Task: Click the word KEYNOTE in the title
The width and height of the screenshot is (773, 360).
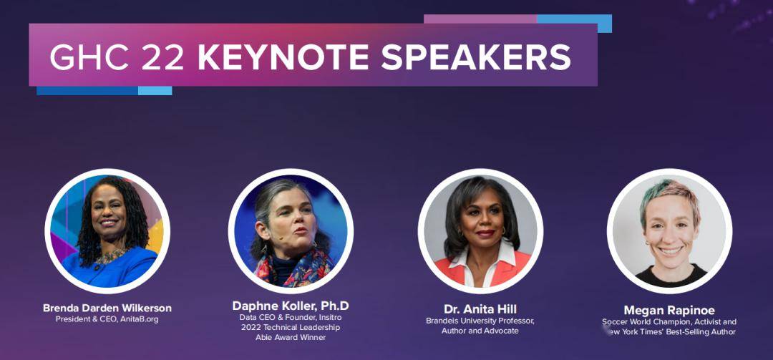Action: (284, 58)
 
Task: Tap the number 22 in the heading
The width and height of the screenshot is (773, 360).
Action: (162, 58)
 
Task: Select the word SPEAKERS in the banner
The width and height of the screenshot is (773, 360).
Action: (476, 58)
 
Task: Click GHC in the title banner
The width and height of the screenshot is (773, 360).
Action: (90, 58)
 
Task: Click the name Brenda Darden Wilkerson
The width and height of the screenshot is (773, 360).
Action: (107, 308)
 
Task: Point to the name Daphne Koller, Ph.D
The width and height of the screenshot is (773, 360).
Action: (291, 306)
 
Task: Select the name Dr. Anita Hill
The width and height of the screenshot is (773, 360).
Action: (480, 309)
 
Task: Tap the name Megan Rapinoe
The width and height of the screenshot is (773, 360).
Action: (669, 310)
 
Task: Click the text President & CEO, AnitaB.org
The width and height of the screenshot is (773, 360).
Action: (107, 319)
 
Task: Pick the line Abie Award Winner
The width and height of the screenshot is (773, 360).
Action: (291, 337)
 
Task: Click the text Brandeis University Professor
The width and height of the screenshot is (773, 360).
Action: (480, 321)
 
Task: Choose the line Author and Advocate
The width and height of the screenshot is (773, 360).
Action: (480, 331)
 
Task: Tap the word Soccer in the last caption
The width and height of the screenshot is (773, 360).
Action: (613, 322)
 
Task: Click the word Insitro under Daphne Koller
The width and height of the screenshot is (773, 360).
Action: (329, 317)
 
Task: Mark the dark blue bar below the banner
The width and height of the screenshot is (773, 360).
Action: (87, 91)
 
